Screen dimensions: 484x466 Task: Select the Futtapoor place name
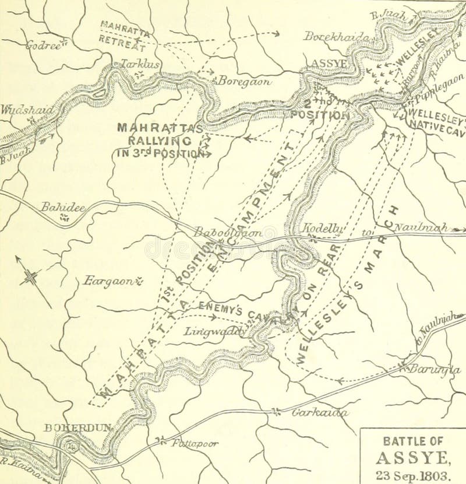click(195, 443)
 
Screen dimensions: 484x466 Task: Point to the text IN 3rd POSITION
click(160, 154)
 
